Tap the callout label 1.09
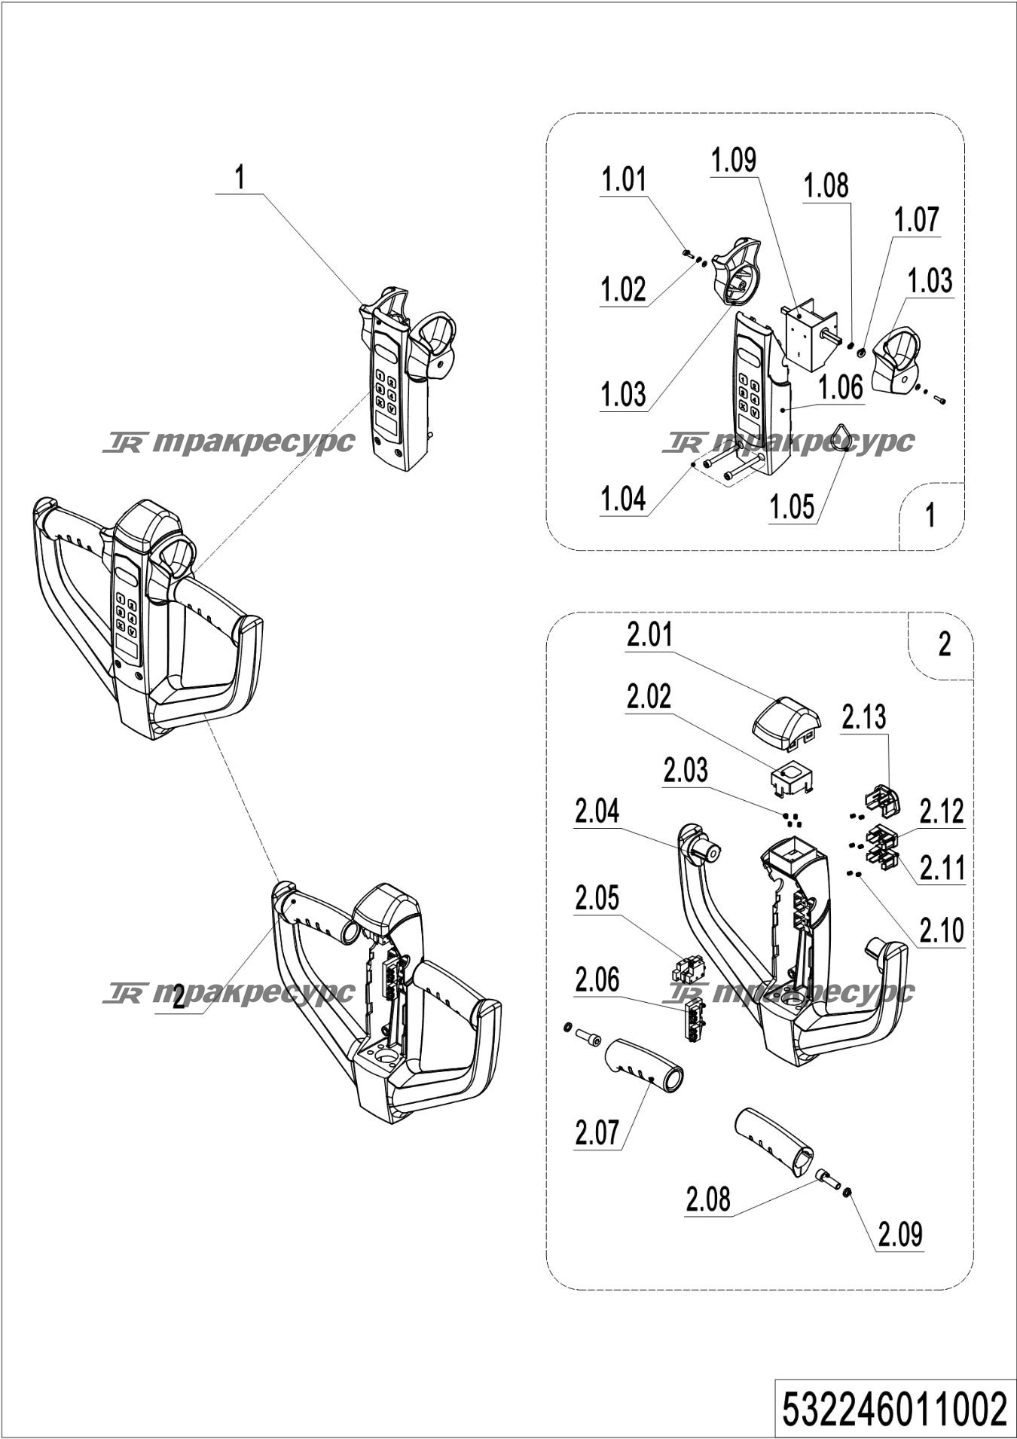pos(734,160)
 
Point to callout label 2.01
pos(649,635)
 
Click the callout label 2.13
pos(864,717)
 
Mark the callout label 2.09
pos(900,1234)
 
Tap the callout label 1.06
pos(841,388)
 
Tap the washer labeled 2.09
pos(847,1192)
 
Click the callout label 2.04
pos(597,812)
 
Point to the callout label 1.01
pos(624,181)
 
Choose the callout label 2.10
pos(942,931)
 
